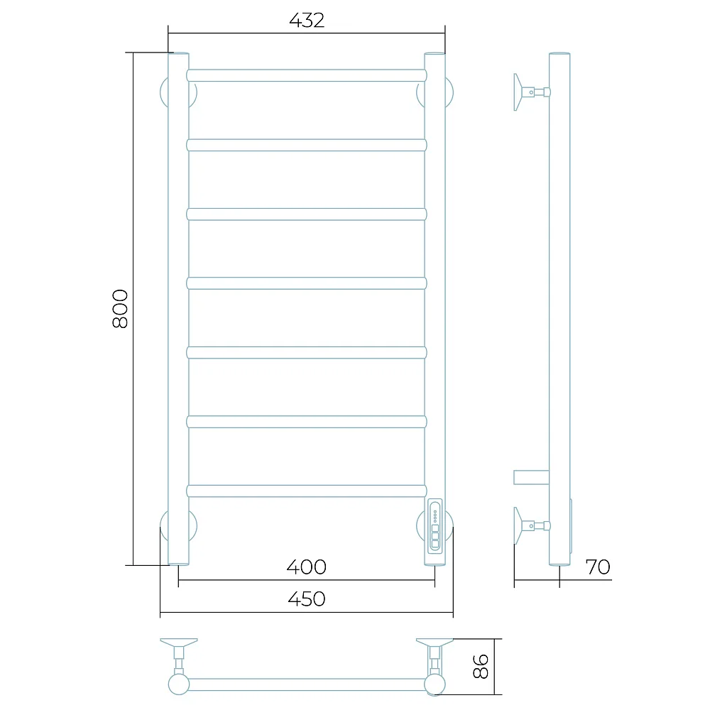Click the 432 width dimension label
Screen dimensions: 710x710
(x=307, y=21)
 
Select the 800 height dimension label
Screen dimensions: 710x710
(x=121, y=309)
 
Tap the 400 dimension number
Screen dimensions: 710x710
(x=307, y=567)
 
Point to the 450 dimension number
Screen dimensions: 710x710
(x=307, y=599)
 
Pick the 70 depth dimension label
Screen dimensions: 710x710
(x=598, y=567)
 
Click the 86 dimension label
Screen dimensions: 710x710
(x=481, y=666)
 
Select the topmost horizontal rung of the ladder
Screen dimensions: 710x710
(x=307, y=75)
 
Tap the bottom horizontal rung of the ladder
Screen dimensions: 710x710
(x=307, y=491)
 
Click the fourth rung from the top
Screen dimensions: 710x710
(x=307, y=283)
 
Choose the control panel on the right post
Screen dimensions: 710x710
(x=435, y=525)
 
